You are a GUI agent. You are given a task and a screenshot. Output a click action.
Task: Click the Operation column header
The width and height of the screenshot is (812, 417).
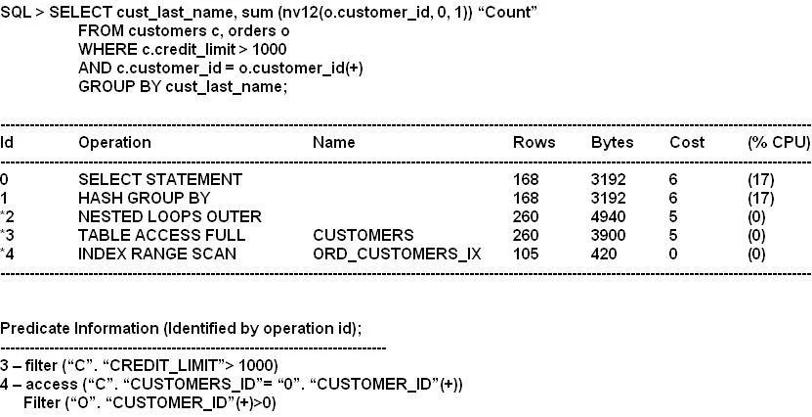(x=114, y=143)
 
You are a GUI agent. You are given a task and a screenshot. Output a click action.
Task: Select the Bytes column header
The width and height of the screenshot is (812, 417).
(x=612, y=143)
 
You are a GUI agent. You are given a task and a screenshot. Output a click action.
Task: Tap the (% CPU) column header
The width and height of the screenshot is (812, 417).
(x=779, y=143)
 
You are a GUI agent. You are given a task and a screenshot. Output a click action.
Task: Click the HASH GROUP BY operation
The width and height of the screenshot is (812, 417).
(x=144, y=198)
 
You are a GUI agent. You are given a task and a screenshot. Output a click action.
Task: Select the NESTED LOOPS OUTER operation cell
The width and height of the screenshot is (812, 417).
(x=170, y=216)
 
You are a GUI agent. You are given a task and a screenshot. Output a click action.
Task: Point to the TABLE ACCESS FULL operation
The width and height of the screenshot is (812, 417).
(x=161, y=236)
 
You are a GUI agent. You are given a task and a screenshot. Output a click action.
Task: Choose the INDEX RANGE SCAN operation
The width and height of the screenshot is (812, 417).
(x=157, y=255)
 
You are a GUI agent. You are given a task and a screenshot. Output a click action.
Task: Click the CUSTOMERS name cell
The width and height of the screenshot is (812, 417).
(x=363, y=236)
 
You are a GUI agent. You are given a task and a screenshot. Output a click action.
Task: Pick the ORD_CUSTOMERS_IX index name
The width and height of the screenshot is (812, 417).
(x=397, y=255)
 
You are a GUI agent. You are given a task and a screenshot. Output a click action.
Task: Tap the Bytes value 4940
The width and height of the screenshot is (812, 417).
(x=608, y=216)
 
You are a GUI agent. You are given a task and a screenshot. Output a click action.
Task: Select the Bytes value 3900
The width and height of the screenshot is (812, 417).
(x=608, y=236)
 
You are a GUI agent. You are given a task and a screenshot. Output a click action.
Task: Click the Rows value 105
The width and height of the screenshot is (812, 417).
(x=526, y=255)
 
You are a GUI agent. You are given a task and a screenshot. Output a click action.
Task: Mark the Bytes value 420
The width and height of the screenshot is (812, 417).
(x=604, y=255)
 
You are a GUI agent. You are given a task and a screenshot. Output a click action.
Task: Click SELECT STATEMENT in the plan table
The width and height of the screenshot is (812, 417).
(x=160, y=179)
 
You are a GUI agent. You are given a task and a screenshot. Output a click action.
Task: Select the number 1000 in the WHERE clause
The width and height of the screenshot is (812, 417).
(x=270, y=49)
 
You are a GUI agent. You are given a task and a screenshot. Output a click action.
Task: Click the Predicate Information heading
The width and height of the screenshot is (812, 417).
(x=128, y=329)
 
